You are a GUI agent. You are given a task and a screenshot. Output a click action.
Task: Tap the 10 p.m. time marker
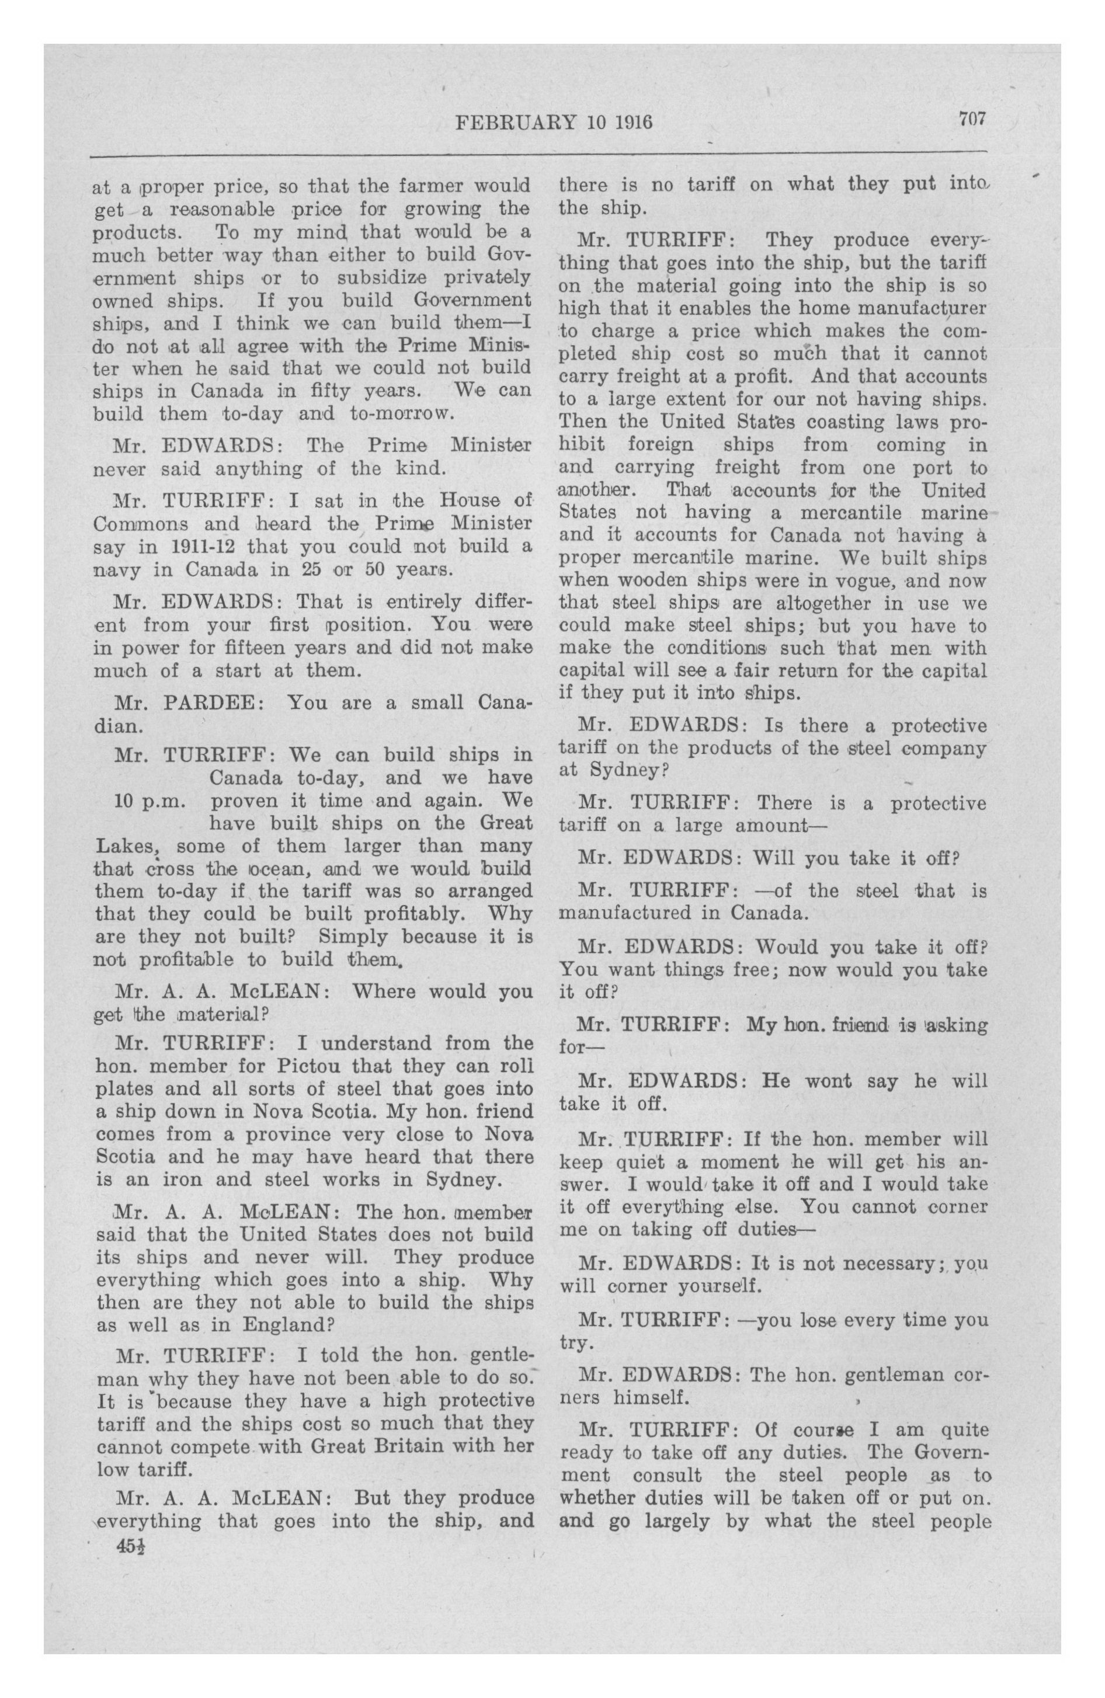pyautogui.click(x=150, y=801)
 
